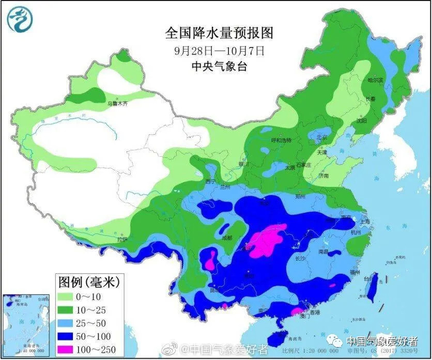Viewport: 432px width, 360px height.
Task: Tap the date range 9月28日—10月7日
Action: coord(219,51)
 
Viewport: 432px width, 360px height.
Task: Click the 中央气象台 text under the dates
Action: coord(219,66)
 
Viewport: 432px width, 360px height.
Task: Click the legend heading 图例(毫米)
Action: coord(88,282)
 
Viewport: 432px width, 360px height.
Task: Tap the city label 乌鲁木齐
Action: coord(117,103)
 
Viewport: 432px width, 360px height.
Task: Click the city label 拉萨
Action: coord(122,240)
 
